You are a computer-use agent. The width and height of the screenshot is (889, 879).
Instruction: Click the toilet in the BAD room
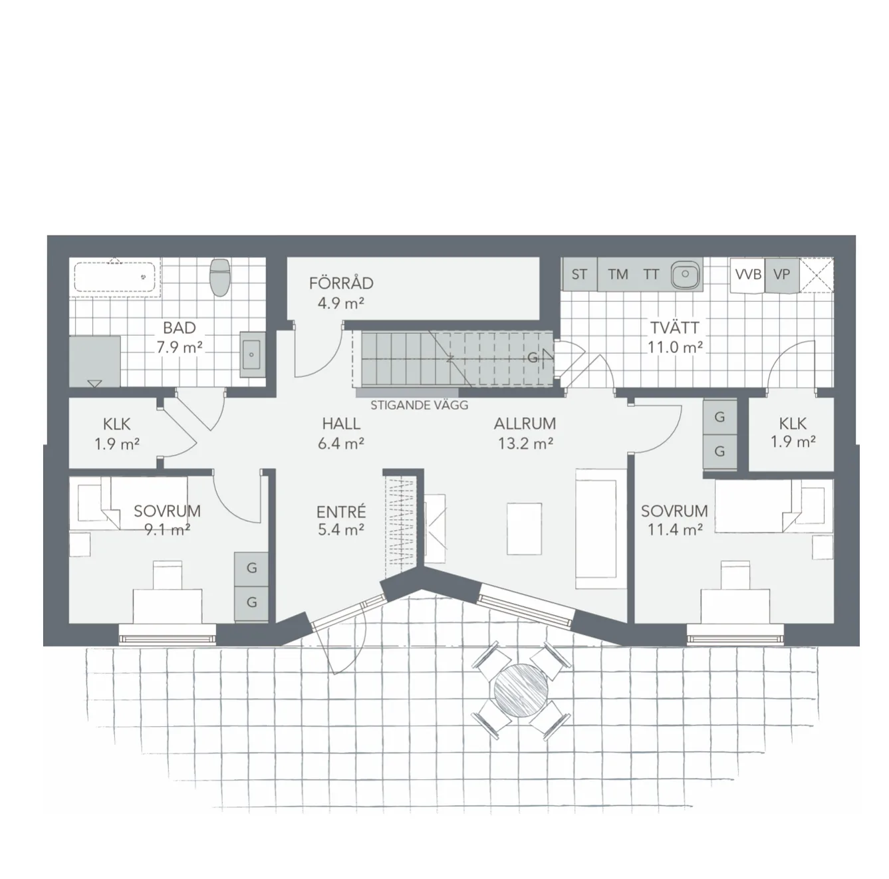pos(219,277)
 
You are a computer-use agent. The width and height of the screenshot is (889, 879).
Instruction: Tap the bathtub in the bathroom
pos(115,277)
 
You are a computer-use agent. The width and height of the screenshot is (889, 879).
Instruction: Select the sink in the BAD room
pos(253,354)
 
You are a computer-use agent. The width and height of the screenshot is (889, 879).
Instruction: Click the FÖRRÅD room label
pos(341,283)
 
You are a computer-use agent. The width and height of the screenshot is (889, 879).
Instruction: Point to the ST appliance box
pos(580,274)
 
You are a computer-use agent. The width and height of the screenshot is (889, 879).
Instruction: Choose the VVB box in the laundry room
pos(748,275)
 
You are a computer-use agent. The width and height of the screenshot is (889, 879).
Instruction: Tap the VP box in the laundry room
pos(782,275)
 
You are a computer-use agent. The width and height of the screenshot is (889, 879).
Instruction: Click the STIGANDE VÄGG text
pos(420,405)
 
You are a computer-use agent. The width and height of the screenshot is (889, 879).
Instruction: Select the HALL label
pos(341,423)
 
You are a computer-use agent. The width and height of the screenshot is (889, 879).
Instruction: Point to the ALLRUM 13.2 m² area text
pos(525,434)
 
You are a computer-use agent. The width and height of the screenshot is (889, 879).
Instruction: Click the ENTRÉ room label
pos(341,512)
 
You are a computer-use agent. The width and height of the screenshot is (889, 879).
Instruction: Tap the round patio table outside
pos(521,690)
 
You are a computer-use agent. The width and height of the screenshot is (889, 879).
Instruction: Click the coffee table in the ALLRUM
pos(524,529)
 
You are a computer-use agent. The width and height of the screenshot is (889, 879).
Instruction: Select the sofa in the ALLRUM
pos(600,529)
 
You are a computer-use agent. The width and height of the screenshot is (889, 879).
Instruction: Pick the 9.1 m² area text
pos(167,530)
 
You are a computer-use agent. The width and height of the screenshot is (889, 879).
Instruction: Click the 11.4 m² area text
pos(675,530)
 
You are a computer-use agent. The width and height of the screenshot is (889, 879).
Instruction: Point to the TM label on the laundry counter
pos(618,275)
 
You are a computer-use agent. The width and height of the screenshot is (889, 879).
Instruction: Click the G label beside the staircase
pos(533,358)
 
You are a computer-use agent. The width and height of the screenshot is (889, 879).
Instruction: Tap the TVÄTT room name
pos(674,328)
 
